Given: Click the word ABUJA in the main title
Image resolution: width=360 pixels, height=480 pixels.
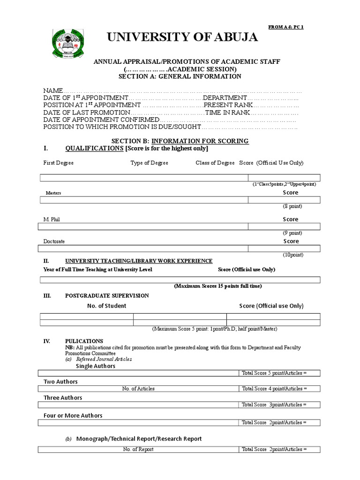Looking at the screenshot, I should [231, 37].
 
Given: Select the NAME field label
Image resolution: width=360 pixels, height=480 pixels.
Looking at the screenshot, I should [53, 90].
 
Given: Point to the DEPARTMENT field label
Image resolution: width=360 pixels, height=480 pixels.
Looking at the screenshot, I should [225, 97].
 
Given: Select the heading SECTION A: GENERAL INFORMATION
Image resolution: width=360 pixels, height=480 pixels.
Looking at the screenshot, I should [180, 76].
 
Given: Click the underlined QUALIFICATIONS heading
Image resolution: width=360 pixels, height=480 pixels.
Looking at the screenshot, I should [94, 149].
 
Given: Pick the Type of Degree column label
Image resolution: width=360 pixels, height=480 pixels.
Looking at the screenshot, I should [149, 163].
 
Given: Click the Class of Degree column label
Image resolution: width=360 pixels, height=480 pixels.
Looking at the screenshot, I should [215, 163].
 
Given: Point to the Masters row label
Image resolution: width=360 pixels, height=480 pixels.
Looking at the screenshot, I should [53, 193].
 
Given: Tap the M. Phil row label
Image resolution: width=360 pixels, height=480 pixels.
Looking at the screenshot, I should [52, 219].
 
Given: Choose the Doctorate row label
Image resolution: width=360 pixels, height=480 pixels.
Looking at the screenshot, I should [54, 241].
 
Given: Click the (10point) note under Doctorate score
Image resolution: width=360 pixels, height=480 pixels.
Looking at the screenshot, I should [292, 255].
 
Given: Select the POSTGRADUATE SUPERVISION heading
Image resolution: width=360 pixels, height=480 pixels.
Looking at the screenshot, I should [107, 296].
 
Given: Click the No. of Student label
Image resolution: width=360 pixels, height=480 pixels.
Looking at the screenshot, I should [107, 306].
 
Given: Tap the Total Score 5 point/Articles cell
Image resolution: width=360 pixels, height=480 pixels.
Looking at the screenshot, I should [274, 373].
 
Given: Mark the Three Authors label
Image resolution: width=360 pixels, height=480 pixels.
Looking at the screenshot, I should [63, 397].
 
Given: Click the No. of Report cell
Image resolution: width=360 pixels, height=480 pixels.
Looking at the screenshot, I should [138, 449].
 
